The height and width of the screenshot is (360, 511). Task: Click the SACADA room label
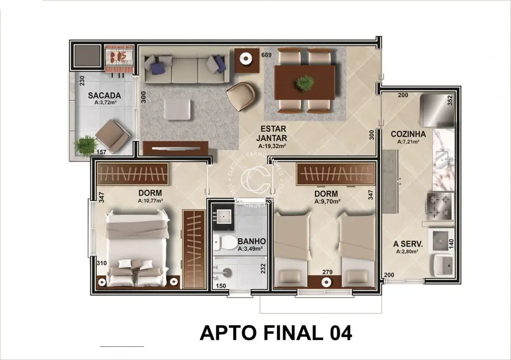104,95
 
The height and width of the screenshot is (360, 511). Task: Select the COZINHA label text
408,133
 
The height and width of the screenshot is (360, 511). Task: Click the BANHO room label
252,241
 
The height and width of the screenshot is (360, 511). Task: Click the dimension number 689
267,55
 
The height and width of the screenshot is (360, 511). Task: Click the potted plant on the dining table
304,83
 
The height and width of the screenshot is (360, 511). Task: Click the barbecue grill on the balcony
119,56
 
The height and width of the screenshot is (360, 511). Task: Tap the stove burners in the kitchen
440,205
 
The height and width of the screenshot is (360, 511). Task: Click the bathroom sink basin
225,220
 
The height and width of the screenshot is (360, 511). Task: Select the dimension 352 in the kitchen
450,100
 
